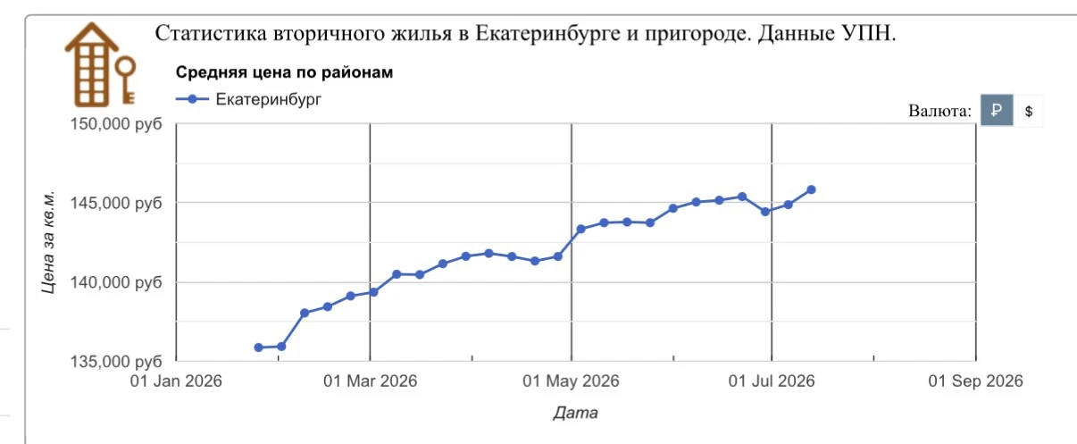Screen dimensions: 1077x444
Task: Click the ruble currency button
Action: coord(997,110)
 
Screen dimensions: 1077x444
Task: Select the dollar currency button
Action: coord(1029,111)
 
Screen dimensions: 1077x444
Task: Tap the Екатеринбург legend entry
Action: coord(248,99)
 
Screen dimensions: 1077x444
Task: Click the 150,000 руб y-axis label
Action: coord(116,123)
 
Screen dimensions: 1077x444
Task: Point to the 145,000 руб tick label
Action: coord(116,203)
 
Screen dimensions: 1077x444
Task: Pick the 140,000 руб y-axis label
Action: coord(116,282)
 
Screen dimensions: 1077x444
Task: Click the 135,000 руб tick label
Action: coord(116,361)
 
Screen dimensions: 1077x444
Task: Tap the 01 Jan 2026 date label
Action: coord(176,381)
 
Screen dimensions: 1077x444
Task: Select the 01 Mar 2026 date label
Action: coord(371,381)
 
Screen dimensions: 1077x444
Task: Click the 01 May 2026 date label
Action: coord(572,381)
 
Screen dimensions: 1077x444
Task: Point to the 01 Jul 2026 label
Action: coord(772,381)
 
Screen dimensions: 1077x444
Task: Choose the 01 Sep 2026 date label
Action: coord(975,381)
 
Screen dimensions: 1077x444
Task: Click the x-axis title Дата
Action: coord(575,413)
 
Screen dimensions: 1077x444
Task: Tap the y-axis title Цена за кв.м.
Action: coord(48,242)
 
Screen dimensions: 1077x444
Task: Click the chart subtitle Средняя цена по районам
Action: coord(284,72)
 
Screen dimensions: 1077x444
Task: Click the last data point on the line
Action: coord(811,189)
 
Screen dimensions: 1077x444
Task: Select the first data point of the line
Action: coord(259,348)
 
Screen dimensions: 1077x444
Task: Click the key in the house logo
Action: coord(127,79)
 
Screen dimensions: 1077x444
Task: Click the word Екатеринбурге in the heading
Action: coord(547,34)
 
